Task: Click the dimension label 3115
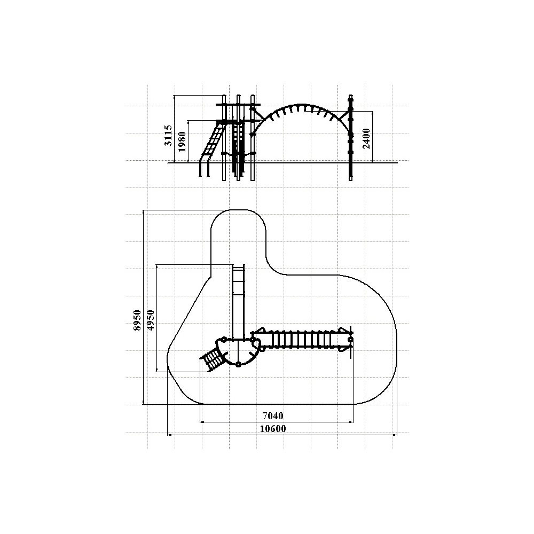pos(168,136)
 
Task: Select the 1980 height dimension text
pos(182,142)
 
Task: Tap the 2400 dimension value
pos(366,139)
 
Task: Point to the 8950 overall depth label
pos(137,320)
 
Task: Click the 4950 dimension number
pos(151,320)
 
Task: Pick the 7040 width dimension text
pos(273,416)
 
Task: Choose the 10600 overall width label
pos(273,429)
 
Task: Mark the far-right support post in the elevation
pos(350,138)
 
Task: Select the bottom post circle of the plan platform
pos(238,364)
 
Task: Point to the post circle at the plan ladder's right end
pos(350,340)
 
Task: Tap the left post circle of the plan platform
pos(224,340)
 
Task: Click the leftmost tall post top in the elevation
pos(224,96)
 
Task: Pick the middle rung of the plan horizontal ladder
pos(298,340)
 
